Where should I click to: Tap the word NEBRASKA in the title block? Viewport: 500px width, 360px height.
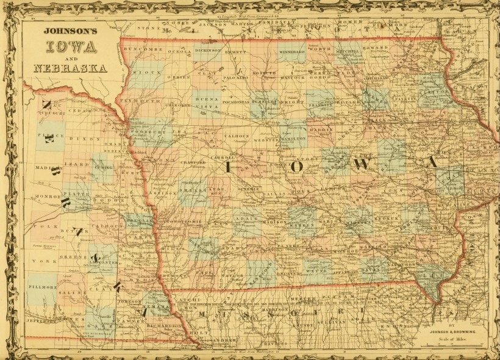[70, 68]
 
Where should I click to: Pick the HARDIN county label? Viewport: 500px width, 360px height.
[322, 130]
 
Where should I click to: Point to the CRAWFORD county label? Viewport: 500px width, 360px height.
[194, 162]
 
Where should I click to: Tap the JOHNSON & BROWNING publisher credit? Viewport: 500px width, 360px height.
[452, 331]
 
